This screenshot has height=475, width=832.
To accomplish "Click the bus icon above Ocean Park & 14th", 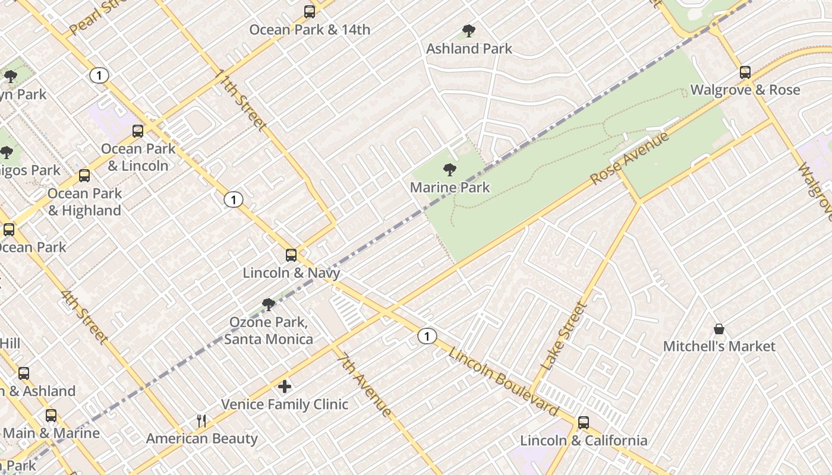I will [310, 11].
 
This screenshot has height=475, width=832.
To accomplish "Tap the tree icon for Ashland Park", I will [469, 31].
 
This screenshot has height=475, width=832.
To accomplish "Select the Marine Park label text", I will [450, 188].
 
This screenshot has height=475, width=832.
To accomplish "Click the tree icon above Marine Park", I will [450, 170].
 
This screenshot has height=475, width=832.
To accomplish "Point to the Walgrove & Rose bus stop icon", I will [745, 72].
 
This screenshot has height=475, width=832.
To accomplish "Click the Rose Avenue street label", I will [629, 159].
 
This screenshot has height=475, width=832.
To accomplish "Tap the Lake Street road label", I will [565, 337].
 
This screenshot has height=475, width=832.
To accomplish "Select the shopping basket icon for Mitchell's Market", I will [719, 329].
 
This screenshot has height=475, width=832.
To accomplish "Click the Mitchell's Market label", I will [719, 346].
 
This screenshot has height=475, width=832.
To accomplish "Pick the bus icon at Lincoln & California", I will [584, 423].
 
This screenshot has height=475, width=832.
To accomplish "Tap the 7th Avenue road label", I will [364, 385].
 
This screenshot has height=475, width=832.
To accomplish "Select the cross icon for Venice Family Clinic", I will [285, 387].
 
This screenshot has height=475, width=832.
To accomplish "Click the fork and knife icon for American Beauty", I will [201, 421].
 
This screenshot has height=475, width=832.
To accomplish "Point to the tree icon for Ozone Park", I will [269, 305].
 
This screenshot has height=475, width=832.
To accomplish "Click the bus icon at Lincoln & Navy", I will [291, 255].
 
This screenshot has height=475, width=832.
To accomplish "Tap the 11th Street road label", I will [241, 100].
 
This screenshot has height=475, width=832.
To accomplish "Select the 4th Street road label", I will [84, 317].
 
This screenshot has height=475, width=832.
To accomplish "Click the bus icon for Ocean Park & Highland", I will [84, 176].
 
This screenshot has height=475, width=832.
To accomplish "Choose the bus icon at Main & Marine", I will [51, 416].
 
